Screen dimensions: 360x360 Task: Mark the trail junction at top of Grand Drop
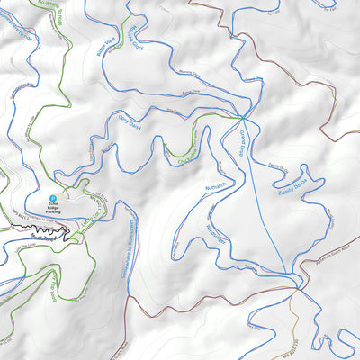242,117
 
